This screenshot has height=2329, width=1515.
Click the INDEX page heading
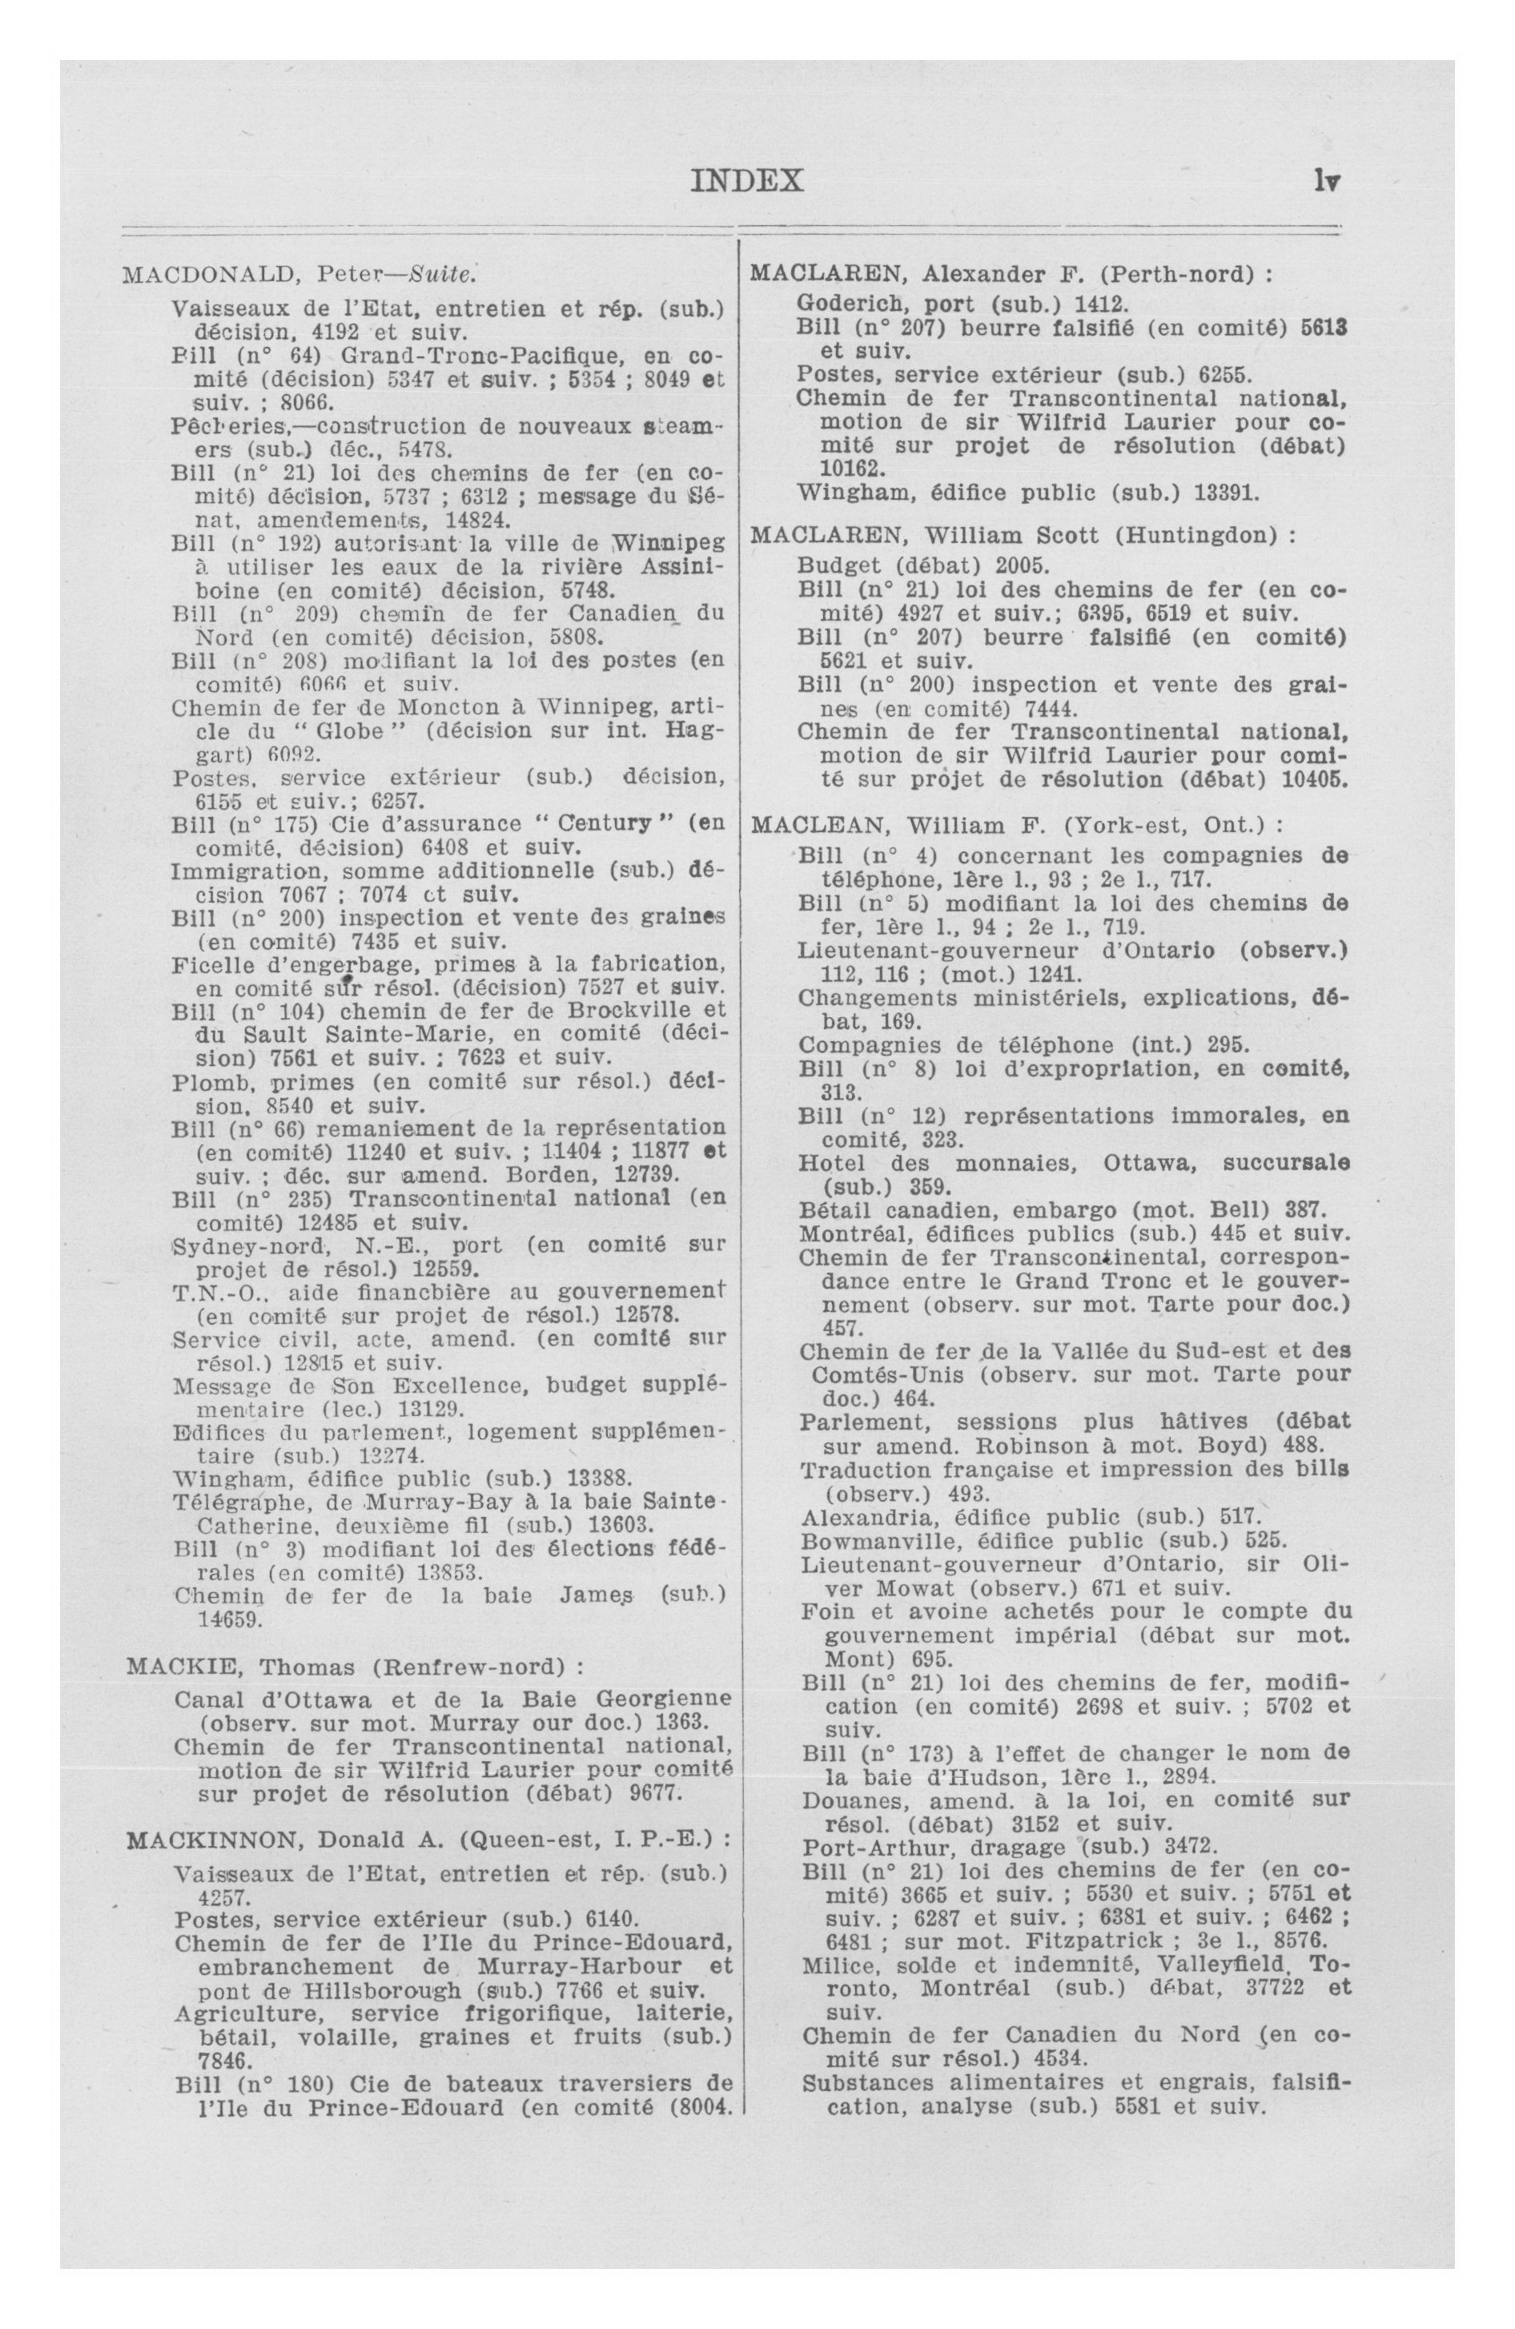pos(747,181)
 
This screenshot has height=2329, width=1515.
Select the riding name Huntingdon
pos(1199,537)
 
